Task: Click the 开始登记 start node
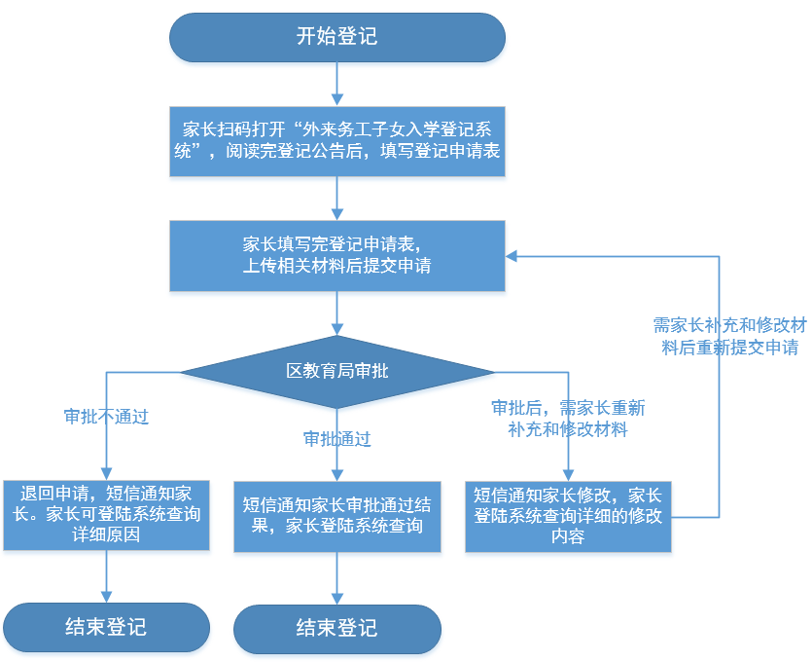coord(336,38)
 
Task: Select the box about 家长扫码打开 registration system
coord(336,140)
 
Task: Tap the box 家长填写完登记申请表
coord(336,255)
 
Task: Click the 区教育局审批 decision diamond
coord(336,371)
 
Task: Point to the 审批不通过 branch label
coord(106,417)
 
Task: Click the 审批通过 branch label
coord(336,439)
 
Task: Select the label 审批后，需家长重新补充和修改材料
coord(567,418)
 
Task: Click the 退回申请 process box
coord(106,514)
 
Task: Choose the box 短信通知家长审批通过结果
coord(336,515)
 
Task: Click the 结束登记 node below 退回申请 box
coord(106,626)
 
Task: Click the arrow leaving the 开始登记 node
coord(336,83)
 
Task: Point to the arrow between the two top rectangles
coord(336,199)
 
